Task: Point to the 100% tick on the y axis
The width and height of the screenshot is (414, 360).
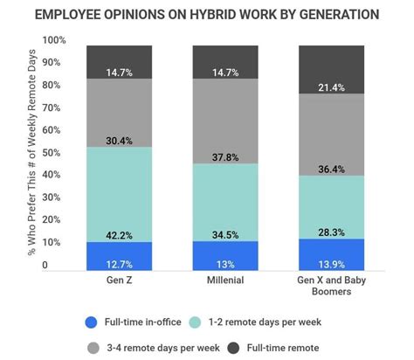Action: (53, 41)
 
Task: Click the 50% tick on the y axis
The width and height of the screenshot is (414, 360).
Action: (55, 153)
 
